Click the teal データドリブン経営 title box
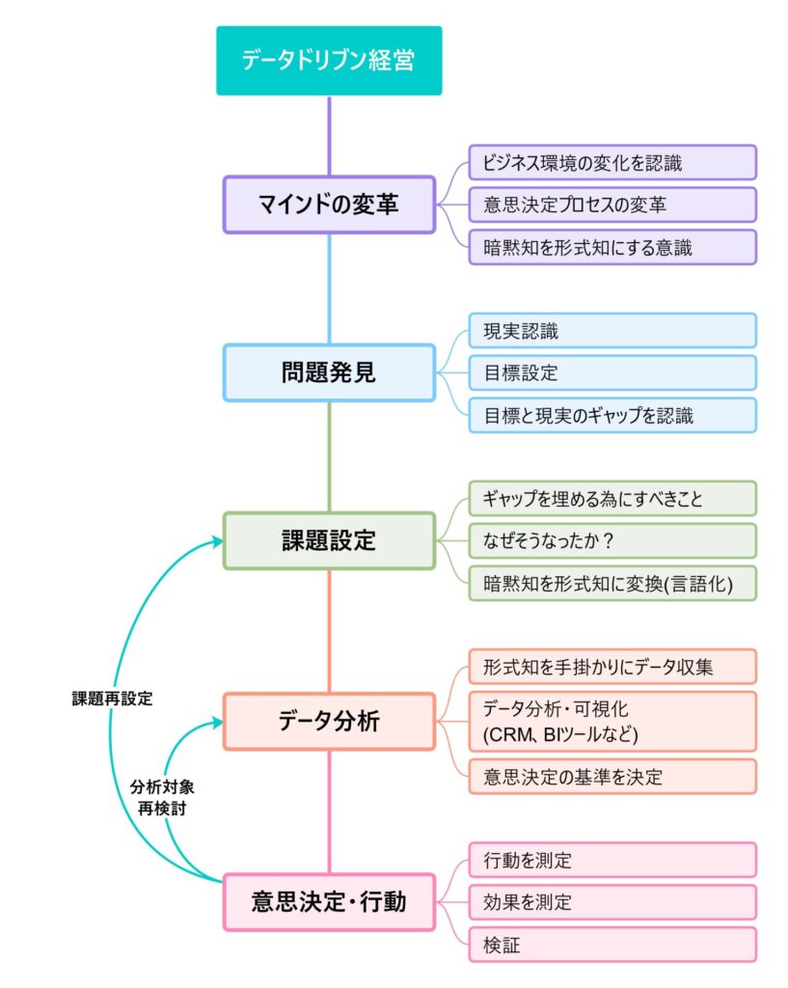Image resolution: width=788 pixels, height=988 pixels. pyautogui.click(x=329, y=61)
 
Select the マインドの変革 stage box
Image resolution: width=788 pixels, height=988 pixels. pyautogui.click(x=329, y=205)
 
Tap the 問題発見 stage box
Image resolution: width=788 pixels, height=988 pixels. pyautogui.click(x=329, y=372)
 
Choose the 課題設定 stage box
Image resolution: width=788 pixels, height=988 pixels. pyautogui.click(x=329, y=540)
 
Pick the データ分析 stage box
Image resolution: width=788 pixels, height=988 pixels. pyautogui.click(x=329, y=721)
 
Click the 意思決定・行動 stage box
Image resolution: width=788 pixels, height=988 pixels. pyautogui.click(x=329, y=902)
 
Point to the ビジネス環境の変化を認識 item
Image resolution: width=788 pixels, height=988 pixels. pyautogui.click(x=612, y=163)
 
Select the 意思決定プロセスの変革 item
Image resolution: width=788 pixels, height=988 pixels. pyautogui.click(x=612, y=205)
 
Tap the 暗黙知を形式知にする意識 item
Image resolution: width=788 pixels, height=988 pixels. pyautogui.click(x=612, y=247)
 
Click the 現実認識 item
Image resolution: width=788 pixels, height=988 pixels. pyautogui.click(x=612, y=331)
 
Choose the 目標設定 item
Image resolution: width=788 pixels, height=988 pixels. pyautogui.click(x=612, y=372)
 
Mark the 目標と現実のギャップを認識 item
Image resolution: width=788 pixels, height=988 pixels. pyautogui.click(x=612, y=415)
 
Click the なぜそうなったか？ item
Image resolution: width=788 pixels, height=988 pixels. pyautogui.click(x=612, y=540)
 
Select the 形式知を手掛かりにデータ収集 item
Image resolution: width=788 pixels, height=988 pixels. pyautogui.click(x=612, y=667)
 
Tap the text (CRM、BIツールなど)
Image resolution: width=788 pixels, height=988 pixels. pyautogui.click(x=560, y=734)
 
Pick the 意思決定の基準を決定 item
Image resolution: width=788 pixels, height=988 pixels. pyautogui.click(x=612, y=776)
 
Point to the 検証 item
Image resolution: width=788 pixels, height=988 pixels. pyautogui.click(x=612, y=945)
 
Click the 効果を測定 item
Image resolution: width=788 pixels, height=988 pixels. pyautogui.click(x=612, y=902)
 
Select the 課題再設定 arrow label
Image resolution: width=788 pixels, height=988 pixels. pyautogui.click(x=113, y=698)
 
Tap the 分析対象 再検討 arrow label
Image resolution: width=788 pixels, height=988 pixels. pyautogui.click(x=158, y=797)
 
